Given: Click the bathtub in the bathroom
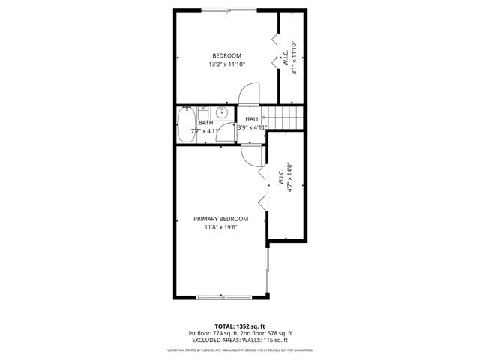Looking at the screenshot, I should click(186, 124).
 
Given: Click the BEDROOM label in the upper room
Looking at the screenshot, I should click(226, 56).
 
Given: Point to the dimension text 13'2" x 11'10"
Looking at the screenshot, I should click(226, 65).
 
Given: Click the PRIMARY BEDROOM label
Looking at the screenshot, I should click(220, 219).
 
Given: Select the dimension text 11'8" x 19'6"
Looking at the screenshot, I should click(220, 228).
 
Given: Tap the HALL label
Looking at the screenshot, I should click(253, 119).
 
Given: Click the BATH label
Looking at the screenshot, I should click(205, 123).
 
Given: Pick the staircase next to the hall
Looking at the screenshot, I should click(286, 117).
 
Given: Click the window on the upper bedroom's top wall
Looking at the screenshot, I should click(229, 10).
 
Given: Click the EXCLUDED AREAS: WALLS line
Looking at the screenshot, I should click(239, 340).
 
